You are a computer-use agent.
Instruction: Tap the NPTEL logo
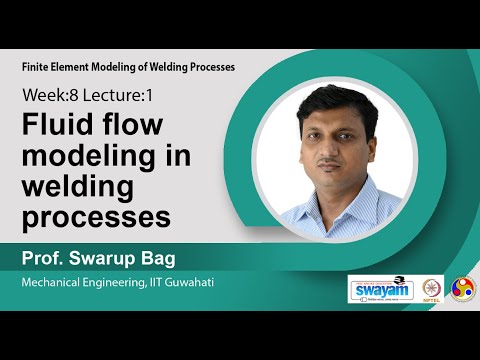pyautogui.click(x=432, y=289)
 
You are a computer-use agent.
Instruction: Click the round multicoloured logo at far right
pyautogui.click(x=464, y=289)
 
